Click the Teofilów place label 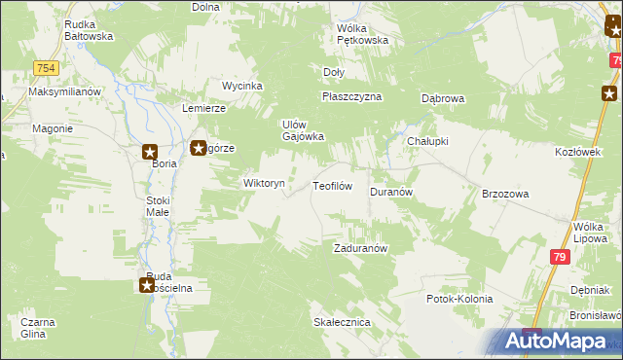tap(331, 185)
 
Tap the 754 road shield tap(44, 67)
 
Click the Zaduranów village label tap(361, 248)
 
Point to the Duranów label tap(392, 193)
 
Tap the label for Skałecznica tap(339, 321)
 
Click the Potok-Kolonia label tap(459, 299)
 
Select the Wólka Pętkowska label tap(362, 35)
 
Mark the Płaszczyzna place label tap(351, 97)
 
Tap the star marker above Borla tap(150, 151)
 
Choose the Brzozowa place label tap(505, 194)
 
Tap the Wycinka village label tap(242, 86)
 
